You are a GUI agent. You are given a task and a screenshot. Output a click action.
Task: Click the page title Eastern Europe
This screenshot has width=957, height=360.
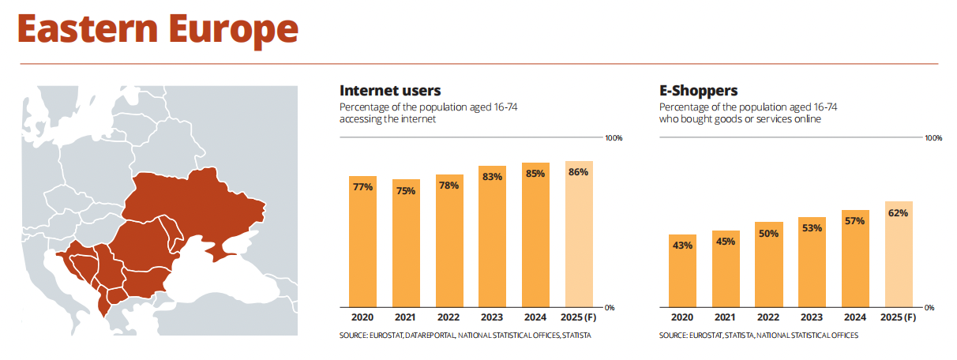(x=157, y=29)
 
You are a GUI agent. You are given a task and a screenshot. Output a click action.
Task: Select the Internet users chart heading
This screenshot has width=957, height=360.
(x=390, y=90)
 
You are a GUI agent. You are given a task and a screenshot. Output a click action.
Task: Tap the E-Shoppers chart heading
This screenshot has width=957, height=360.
(x=699, y=90)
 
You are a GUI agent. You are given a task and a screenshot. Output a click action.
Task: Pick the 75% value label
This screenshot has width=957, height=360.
(x=406, y=190)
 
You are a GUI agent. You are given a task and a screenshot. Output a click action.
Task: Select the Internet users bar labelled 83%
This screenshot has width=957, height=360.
(x=492, y=236)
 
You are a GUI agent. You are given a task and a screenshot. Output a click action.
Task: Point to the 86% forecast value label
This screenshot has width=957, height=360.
(x=578, y=172)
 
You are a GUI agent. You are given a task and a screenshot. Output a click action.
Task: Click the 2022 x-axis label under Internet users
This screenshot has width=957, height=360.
(x=449, y=317)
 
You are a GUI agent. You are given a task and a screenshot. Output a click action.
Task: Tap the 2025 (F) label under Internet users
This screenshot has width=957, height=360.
(x=578, y=317)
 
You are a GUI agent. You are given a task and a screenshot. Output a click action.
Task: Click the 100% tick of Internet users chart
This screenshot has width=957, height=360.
(x=614, y=138)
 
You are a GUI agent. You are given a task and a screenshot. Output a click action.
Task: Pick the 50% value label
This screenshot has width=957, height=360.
(x=769, y=233)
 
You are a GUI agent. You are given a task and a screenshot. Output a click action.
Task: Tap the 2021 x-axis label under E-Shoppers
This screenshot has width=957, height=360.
(x=726, y=317)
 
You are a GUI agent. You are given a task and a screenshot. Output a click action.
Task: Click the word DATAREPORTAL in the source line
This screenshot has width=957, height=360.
(x=430, y=336)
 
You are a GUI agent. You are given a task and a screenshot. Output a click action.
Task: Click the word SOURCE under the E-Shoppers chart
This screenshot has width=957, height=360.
(x=674, y=336)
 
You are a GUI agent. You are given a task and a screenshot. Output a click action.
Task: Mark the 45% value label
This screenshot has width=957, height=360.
(x=726, y=242)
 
